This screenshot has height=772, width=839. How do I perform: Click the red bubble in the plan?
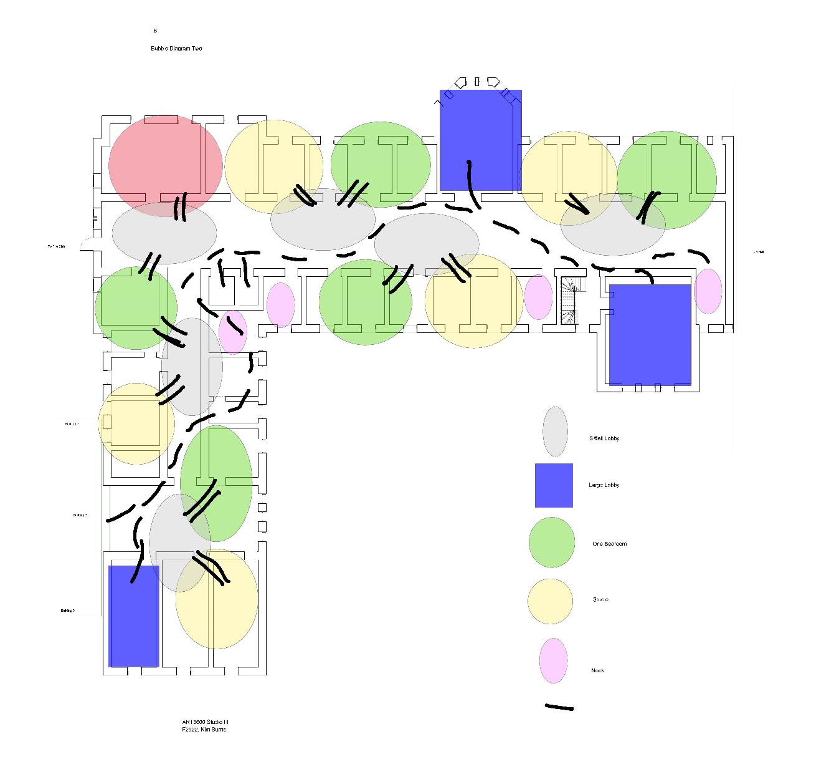[x=165, y=165]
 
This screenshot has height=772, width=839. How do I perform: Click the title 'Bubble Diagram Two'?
[x=176, y=49]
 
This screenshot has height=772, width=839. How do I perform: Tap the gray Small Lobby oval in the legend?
[x=555, y=432]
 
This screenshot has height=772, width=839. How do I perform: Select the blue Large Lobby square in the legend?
[x=554, y=485]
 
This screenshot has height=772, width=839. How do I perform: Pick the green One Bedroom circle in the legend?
[x=552, y=543]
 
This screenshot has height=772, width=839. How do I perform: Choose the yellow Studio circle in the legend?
[x=551, y=601]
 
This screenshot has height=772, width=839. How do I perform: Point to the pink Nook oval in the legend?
[x=553, y=660]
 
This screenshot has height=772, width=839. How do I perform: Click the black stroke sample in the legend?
[x=559, y=708]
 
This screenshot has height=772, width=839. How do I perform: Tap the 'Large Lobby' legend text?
[x=604, y=485]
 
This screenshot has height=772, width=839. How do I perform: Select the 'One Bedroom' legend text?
[x=610, y=544]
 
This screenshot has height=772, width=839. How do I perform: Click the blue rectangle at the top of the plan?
[x=480, y=140]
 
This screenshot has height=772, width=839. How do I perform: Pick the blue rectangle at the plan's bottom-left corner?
[x=134, y=616]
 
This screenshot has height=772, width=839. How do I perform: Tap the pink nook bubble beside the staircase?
[x=538, y=297]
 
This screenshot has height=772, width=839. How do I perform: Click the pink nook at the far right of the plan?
[x=708, y=291]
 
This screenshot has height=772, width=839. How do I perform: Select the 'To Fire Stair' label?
[x=57, y=247]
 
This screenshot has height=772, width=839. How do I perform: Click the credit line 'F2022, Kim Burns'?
[x=204, y=730]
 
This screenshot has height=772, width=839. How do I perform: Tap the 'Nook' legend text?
[x=597, y=670]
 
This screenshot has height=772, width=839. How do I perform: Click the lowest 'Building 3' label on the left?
[x=68, y=611]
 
